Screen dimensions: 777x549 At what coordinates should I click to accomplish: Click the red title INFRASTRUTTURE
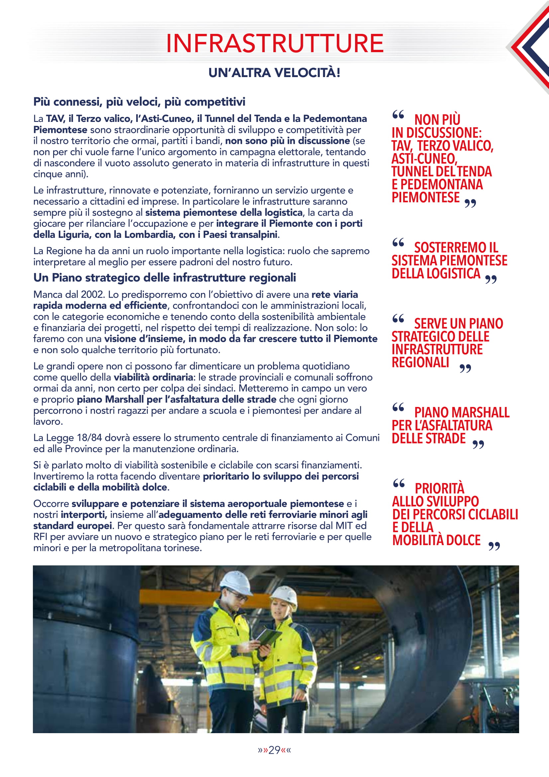click(x=275, y=44)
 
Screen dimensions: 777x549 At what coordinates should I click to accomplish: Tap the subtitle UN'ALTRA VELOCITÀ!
click(x=274, y=73)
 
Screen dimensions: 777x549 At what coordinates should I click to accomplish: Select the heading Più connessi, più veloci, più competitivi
click(x=139, y=102)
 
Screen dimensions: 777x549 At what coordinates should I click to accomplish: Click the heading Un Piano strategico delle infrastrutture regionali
click(x=164, y=277)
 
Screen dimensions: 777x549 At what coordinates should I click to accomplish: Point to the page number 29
click(x=274, y=750)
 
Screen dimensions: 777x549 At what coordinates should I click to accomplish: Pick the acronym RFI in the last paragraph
click(x=41, y=537)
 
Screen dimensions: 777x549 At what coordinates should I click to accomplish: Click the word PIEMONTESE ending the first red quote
click(x=425, y=198)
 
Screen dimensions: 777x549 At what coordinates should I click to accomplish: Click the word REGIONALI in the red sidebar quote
click(x=420, y=362)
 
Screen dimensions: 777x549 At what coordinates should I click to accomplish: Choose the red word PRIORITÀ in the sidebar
click(x=439, y=489)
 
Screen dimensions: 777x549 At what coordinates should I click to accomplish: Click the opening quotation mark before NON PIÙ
click(x=398, y=115)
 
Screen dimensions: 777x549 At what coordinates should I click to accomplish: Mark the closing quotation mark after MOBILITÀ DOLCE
click(x=494, y=546)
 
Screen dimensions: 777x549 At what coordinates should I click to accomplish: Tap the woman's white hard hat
click(x=285, y=597)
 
